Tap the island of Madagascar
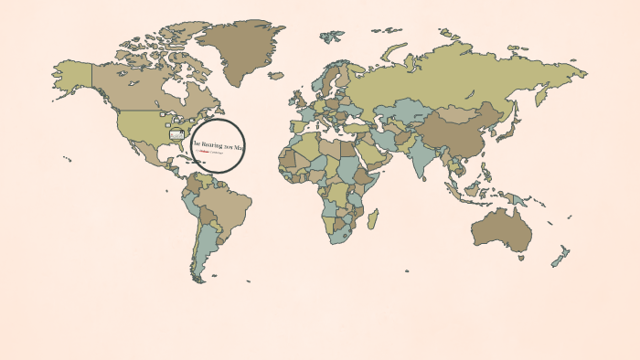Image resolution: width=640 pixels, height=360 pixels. click(372, 218)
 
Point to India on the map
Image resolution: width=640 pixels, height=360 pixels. click(419, 150)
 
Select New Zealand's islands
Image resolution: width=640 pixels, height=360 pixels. click(560, 256)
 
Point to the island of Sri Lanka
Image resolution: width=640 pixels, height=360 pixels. click(427, 174)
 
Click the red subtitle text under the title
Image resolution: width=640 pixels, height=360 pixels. click(213, 153)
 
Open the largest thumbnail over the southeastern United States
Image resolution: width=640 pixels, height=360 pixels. click(176, 135)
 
